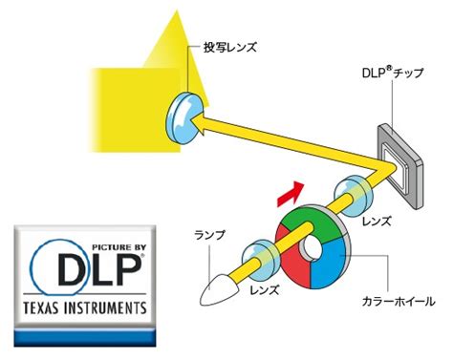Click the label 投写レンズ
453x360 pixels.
pyautogui.click(x=230, y=48)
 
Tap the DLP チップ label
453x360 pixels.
pyautogui.click(x=393, y=73)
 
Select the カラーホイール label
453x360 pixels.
pyautogui.click(x=399, y=301)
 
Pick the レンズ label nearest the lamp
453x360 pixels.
pyautogui.click(x=265, y=290)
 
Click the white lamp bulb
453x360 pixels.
pyautogui.click(x=219, y=288)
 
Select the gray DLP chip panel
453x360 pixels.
pyautogui.click(x=400, y=165)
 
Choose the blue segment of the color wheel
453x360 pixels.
pyautogui.click(x=330, y=265)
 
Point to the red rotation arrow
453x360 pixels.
pyautogui.click(x=291, y=194)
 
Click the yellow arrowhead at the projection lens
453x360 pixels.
pyautogui.click(x=200, y=123)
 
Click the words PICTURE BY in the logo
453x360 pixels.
pyautogui.click(x=119, y=247)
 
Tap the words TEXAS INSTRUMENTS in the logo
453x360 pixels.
pyautogui.click(x=85, y=308)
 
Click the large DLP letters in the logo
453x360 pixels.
pyautogui.click(x=99, y=270)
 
